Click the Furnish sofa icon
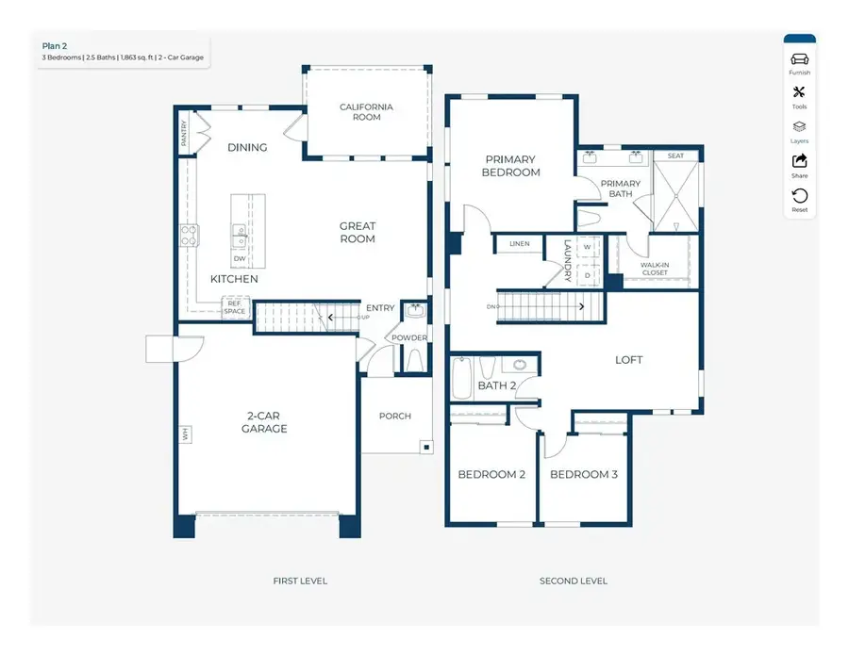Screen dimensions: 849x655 click(799, 59)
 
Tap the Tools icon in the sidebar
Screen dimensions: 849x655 click(799, 92)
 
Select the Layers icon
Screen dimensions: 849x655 click(799, 126)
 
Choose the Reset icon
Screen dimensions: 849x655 click(800, 195)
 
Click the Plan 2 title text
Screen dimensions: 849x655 click(55, 46)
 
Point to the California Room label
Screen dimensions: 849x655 click(367, 112)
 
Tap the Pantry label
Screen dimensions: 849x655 click(184, 133)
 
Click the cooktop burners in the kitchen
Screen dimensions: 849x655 click(189, 236)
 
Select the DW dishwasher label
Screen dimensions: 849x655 click(240, 258)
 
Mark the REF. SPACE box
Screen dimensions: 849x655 click(235, 307)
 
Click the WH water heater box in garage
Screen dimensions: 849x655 click(186, 434)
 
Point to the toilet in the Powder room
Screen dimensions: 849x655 click(415, 360)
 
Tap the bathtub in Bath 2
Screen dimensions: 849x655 click(462, 378)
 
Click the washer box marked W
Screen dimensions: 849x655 click(588, 247)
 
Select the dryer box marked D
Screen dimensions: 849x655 click(588, 275)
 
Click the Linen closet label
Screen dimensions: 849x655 click(519, 244)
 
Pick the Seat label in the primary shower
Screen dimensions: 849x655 click(675, 156)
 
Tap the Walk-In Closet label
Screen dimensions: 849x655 click(655, 269)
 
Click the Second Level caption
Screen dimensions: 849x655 click(574, 581)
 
